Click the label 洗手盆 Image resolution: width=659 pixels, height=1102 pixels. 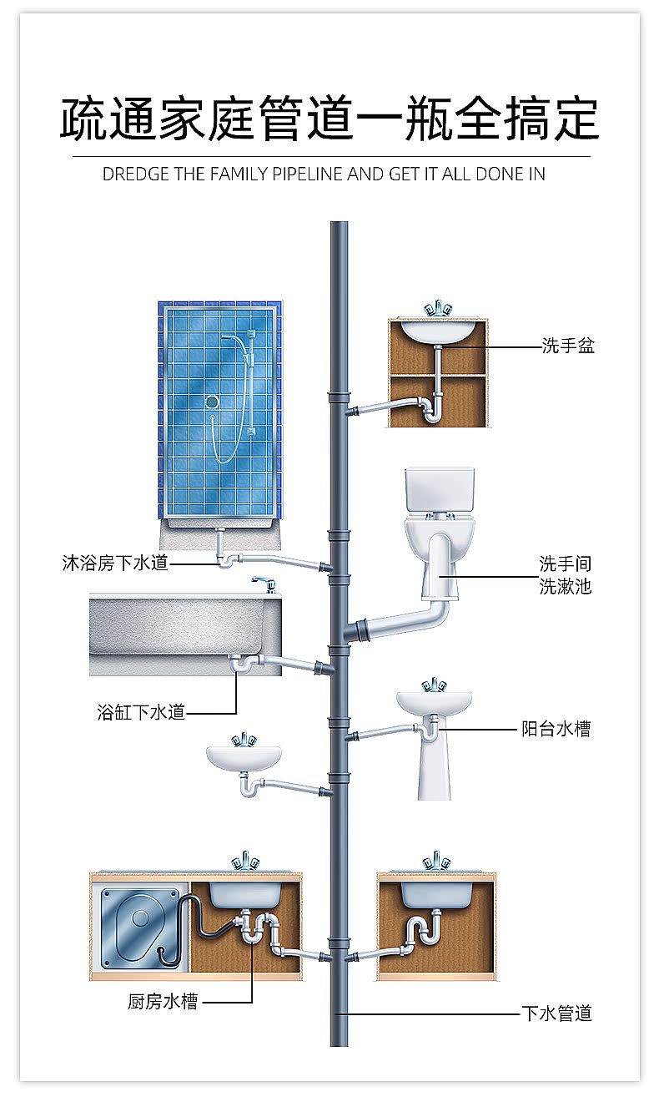(567, 346)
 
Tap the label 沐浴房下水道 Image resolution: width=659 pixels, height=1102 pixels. (115, 563)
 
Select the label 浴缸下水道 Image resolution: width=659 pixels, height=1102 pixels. (141, 712)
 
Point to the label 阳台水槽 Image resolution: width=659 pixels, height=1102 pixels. (556, 729)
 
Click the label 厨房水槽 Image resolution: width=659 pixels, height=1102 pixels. (163, 1001)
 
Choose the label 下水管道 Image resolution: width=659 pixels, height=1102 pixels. (556, 1014)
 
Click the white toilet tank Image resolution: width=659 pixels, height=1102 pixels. (440, 490)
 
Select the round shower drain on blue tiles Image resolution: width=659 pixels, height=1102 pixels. (212, 402)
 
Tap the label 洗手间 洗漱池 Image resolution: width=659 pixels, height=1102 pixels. (565, 575)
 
